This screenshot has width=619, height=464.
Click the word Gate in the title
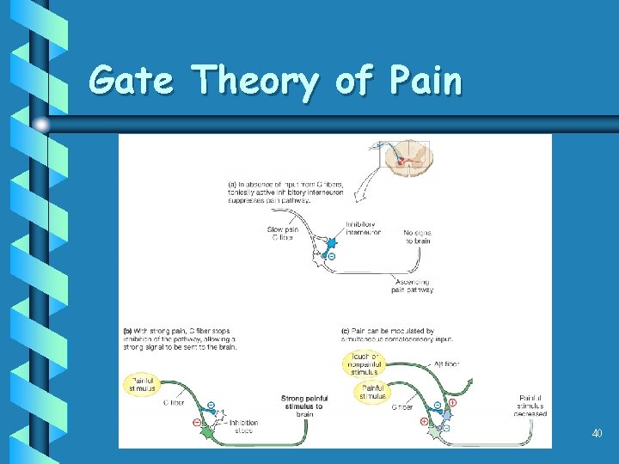pyautogui.click(x=131, y=82)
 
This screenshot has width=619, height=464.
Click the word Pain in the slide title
pyautogui.click(x=426, y=82)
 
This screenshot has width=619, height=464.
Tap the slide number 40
pyautogui.click(x=597, y=433)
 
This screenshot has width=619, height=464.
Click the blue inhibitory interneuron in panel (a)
pyautogui.click(x=330, y=244)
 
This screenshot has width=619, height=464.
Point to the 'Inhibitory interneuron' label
pyautogui.click(x=363, y=229)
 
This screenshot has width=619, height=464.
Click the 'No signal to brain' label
pyautogui.click(x=417, y=236)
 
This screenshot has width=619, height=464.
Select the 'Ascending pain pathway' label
pyautogui.click(x=412, y=286)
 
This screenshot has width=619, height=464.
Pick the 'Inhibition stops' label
pyautogui.click(x=243, y=426)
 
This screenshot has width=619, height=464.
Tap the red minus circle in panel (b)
pyautogui.click(x=197, y=422)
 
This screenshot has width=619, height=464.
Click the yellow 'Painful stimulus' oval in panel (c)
pyautogui.click(x=373, y=392)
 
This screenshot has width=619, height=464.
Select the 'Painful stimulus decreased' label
pyautogui.click(x=531, y=406)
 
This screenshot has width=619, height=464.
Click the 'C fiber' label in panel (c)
pyautogui.click(x=401, y=407)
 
